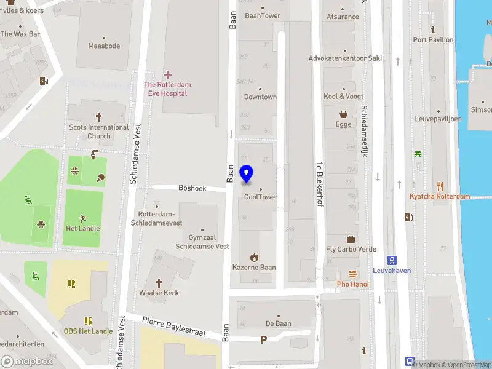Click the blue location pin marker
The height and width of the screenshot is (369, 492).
(247, 174)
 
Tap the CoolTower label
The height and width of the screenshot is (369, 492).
(261, 197)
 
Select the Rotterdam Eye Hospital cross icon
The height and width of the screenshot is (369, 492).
(167, 74)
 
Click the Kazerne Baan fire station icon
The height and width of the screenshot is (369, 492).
(253, 257)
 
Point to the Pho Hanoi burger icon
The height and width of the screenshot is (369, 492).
(352, 274)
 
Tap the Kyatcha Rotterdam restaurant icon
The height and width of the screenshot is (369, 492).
(440, 186)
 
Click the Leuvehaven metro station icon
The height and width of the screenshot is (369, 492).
(391, 260)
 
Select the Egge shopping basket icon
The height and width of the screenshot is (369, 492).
(343, 114)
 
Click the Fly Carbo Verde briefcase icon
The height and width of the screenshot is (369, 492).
(351, 239)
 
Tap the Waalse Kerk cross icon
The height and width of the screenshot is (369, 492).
(159, 282)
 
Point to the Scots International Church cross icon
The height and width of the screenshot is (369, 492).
(98, 117)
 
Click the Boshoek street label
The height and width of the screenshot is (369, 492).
(192, 188)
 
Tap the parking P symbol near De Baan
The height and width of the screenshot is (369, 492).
(264, 339)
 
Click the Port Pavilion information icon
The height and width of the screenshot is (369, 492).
(433, 30)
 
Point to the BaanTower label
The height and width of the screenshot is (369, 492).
(263, 16)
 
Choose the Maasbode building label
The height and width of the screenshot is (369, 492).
(104, 46)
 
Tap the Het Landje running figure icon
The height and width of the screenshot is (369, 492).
(83, 218)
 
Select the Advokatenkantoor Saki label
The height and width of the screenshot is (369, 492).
(344, 58)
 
